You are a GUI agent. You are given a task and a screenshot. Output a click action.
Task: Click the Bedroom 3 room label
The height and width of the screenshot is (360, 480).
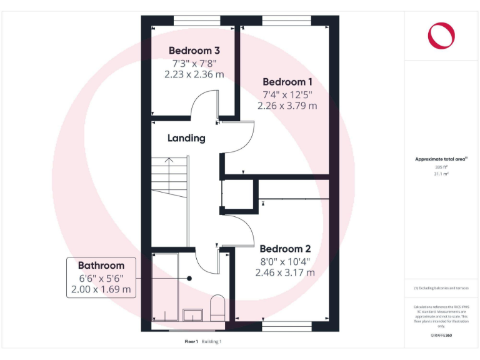click(194, 51)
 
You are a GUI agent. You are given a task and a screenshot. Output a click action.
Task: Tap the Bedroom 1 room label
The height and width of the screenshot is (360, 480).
click(287, 82)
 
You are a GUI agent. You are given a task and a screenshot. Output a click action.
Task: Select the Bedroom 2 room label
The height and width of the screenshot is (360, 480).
click(285, 247)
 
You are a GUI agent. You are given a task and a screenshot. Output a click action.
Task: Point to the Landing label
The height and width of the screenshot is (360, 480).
click(186, 138)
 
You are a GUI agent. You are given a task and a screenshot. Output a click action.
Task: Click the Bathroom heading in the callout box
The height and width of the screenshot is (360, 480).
click(101, 265)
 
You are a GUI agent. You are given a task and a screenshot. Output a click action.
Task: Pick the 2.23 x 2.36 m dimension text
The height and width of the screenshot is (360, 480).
click(194, 74)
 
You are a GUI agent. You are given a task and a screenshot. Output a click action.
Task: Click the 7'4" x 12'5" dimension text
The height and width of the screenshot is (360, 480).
click(287, 94)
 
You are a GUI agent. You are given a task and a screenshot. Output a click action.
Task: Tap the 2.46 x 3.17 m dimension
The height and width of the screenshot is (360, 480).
click(285, 272)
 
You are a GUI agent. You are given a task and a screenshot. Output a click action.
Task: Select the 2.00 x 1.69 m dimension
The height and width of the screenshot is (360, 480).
click(101, 289)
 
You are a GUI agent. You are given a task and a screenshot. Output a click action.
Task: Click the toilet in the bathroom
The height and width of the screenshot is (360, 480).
click(217, 307)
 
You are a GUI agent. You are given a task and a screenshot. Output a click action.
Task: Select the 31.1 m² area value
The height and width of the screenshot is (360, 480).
click(441, 174)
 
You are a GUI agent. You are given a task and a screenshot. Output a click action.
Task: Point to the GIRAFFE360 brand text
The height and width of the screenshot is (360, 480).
click(441, 336)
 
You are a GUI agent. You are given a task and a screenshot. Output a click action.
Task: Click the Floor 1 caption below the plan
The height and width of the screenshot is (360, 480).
click(191, 341)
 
